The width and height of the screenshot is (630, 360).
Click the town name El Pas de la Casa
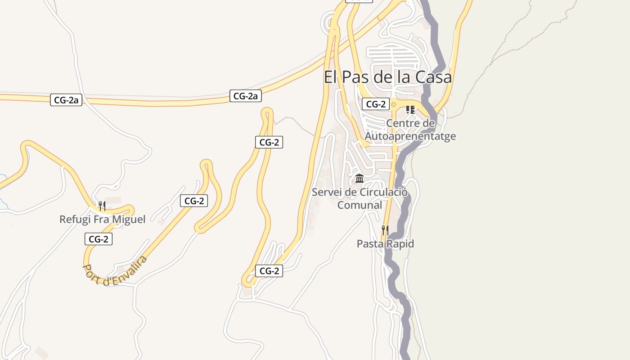click(387, 77)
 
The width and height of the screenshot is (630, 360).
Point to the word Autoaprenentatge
click(410, 136)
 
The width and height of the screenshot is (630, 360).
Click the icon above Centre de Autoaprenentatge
click(410, 109)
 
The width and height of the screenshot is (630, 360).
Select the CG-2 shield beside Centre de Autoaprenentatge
click(376, 104)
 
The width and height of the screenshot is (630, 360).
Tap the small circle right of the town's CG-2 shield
click(394, 104)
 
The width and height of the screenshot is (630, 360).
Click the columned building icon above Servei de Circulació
click(360, 179)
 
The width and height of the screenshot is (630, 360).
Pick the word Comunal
click(360, 205)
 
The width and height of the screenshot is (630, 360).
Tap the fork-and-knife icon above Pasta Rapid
click(385, 230)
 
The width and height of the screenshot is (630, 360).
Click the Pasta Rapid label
click(385, 244)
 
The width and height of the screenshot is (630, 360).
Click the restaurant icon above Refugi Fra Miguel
click(102, 206)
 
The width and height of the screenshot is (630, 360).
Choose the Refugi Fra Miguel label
click(103, 220)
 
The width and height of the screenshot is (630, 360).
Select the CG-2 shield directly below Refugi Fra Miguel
click(99, 239)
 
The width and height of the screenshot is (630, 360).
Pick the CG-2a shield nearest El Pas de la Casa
click(246, 96)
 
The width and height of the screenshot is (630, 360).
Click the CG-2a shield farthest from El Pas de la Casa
click(66, 100)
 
